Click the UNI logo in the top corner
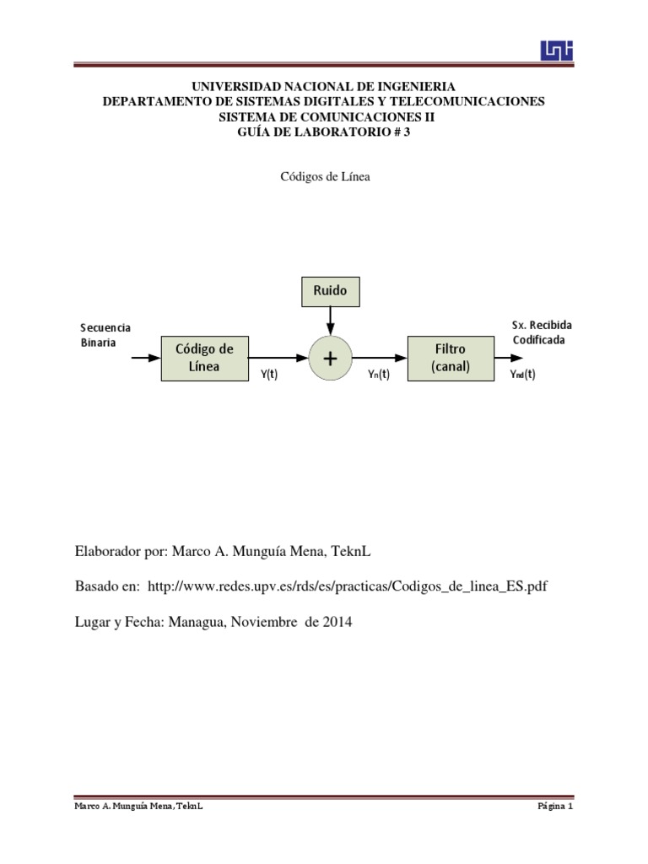556,51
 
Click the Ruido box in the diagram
330,291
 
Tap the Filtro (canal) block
450,358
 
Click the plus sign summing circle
330,358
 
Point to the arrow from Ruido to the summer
330,321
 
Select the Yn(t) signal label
379,375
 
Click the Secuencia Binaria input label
105,335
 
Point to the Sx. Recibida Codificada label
540,332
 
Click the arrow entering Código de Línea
146,358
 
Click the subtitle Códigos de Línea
325,177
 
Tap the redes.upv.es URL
348,586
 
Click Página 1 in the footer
555,807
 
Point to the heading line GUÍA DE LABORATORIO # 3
324,132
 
